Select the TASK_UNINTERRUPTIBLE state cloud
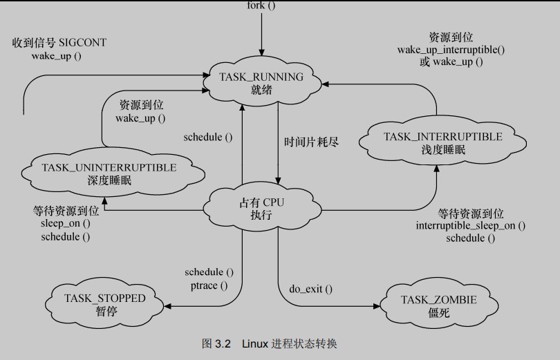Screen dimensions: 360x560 [109, 173]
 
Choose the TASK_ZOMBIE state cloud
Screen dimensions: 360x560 [438, 305]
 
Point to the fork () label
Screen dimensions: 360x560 [261, 6]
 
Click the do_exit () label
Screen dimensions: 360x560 [310, 288]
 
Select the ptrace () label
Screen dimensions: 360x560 [208, 285]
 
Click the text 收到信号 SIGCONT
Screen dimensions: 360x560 [59, 43]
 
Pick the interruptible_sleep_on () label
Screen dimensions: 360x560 [470, 225]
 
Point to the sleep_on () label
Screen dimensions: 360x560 [65, 224]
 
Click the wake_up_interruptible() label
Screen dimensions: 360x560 [451, 50]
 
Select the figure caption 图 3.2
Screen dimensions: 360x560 [215, 343]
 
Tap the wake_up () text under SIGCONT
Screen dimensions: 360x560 [56, 55]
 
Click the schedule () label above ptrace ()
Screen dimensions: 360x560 [209, 272]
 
